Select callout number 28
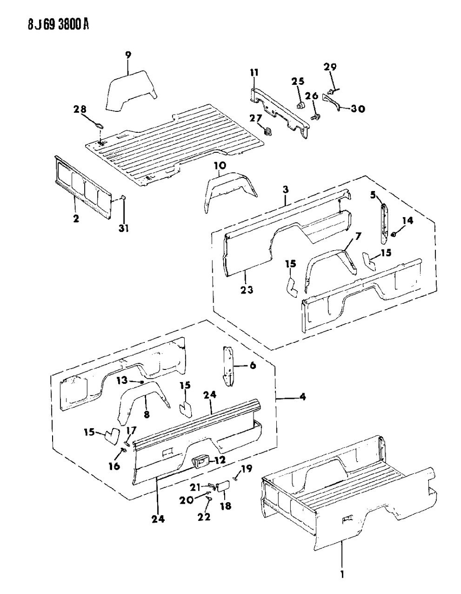(x=80, y=109)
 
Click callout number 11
(x=254, y=73)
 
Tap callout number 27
(x=256, y=118)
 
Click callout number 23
(x=247, y=290)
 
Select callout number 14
(x=408, y=221)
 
